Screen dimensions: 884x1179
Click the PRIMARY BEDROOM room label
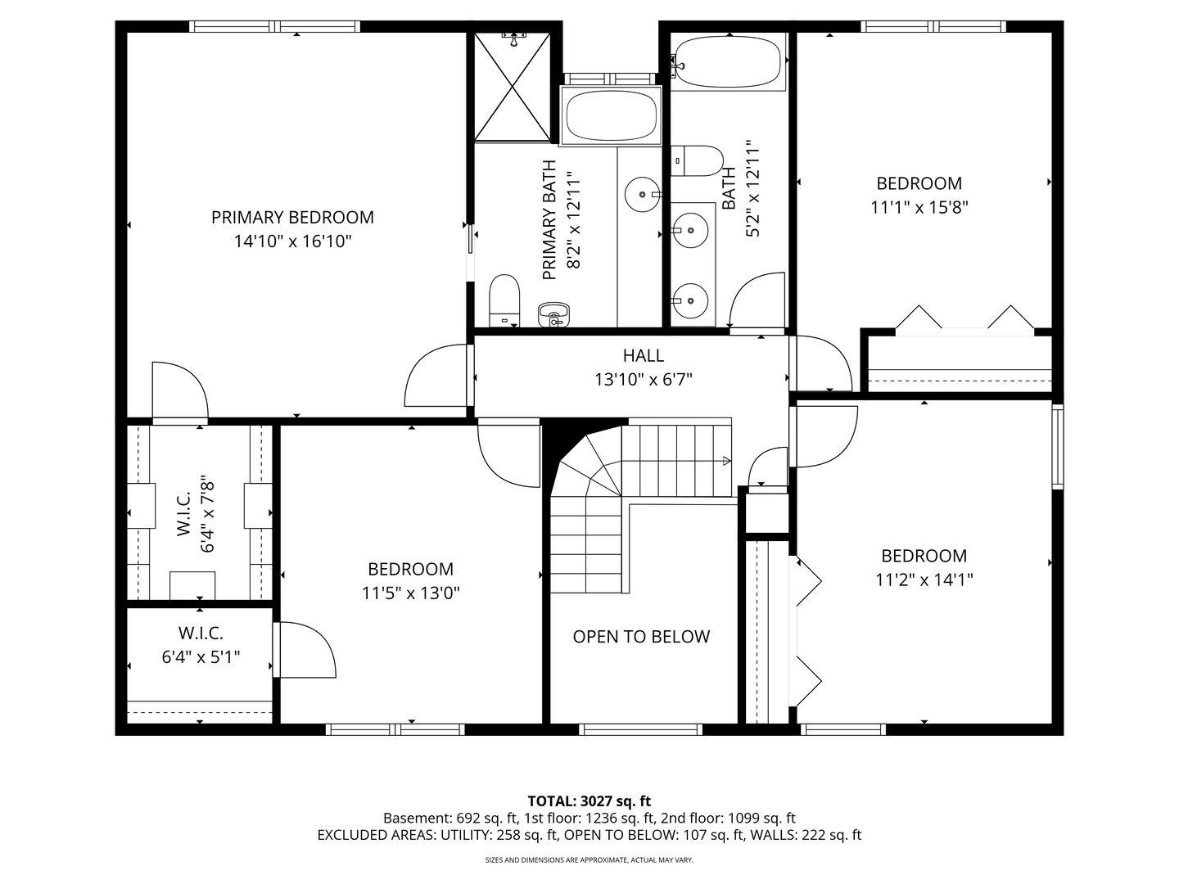coord(292,218)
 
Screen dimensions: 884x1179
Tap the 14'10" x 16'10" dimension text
coord(292,241)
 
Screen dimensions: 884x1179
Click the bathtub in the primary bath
coord(612,115)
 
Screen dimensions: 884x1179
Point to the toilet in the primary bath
coord(504,300)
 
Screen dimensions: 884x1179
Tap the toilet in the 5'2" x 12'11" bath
coord(697,160)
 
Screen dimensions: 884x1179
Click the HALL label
coord(644,355)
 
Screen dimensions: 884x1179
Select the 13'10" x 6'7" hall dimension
coord(644,380)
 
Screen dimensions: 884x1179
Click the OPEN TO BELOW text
coord(641,637)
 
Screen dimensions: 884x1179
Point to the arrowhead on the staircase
coord(726,462)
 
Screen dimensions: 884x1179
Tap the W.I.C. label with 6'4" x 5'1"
coord(201,633)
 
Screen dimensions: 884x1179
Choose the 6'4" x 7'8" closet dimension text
coord(208,516)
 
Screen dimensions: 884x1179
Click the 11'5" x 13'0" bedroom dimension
coord(411,593)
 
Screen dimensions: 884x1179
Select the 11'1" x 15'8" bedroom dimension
coord(919,207)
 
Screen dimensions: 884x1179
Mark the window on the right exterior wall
coord(1057,446)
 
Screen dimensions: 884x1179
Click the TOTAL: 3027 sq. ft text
coord(589,801)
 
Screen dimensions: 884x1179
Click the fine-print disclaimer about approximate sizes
coord(589,860)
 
